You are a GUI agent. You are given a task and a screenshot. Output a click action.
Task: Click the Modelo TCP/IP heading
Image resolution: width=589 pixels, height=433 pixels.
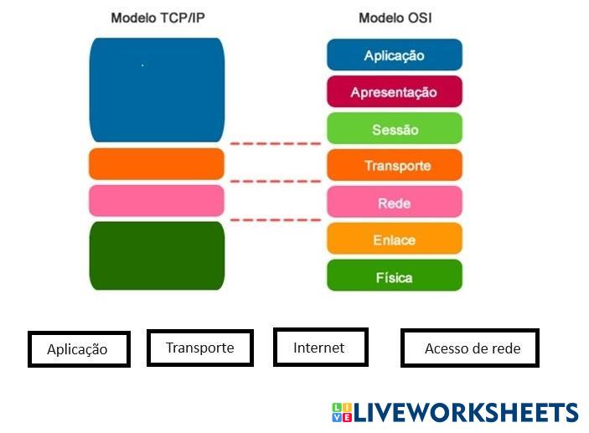pos(158,18)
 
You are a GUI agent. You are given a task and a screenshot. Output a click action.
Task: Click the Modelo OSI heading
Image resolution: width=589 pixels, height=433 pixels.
pos(395,18)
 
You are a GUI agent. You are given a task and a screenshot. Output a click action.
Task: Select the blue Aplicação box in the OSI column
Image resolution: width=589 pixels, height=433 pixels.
pos(395,54)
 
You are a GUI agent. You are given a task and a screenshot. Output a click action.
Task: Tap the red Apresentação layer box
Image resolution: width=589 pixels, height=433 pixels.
pos(395,91)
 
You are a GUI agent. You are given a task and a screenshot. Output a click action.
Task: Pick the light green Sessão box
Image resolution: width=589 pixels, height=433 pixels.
pos(395,128)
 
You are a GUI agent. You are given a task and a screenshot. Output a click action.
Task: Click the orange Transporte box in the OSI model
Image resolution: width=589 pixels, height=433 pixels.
pos(395,165)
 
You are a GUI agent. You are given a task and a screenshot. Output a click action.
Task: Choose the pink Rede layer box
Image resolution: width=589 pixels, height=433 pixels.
pos(395,202)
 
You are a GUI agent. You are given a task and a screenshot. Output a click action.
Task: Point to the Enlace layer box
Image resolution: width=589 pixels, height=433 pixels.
pos(395,239)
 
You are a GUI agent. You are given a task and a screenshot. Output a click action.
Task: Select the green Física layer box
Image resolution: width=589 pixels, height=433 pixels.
pos(395,276)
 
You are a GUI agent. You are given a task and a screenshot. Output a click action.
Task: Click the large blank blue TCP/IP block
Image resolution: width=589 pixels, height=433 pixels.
pos(157,90)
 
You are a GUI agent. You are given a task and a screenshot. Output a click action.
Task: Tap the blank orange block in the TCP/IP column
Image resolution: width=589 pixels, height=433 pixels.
pos(157,164)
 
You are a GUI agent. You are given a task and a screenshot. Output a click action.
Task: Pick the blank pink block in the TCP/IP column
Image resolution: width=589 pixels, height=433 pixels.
pos(157,200)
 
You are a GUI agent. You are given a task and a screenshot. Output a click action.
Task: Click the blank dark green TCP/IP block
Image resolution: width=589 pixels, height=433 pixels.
pos(157,255)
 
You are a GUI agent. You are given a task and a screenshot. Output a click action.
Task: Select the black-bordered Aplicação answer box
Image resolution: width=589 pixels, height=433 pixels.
pos(79,349)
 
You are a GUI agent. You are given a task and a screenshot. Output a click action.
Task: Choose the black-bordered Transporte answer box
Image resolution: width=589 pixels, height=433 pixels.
pos(200,348)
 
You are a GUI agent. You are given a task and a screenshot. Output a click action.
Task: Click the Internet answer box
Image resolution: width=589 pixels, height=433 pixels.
pos(320,347)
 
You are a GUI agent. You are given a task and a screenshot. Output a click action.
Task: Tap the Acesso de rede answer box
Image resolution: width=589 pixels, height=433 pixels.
pos(470,348)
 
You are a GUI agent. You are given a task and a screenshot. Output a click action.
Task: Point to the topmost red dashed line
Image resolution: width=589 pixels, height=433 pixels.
pos(276,143)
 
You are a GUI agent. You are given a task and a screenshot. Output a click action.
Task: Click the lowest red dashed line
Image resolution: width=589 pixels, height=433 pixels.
pos(276,219)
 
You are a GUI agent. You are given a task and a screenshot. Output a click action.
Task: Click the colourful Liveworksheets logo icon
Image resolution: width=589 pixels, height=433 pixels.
pos(342,412)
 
